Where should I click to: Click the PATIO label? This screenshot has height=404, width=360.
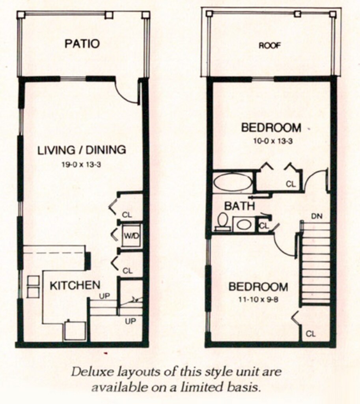coord(82,43)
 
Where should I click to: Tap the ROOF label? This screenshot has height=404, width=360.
coord(270,46)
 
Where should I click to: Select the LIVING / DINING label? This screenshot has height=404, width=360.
coord(82,150)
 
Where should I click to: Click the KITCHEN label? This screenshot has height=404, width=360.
coord(75,285)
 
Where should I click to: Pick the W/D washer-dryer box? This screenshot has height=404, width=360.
coord(131,236)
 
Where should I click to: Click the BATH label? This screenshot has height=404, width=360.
coord(239,206)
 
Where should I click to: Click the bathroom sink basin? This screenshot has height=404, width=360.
coord(244,225)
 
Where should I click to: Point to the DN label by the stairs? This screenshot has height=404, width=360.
coord(317,216)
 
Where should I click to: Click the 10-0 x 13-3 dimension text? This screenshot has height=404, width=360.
coord(272,141)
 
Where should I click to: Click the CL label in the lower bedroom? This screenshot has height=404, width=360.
coord(311,334)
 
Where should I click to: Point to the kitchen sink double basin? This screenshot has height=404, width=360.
coord(33,286)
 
